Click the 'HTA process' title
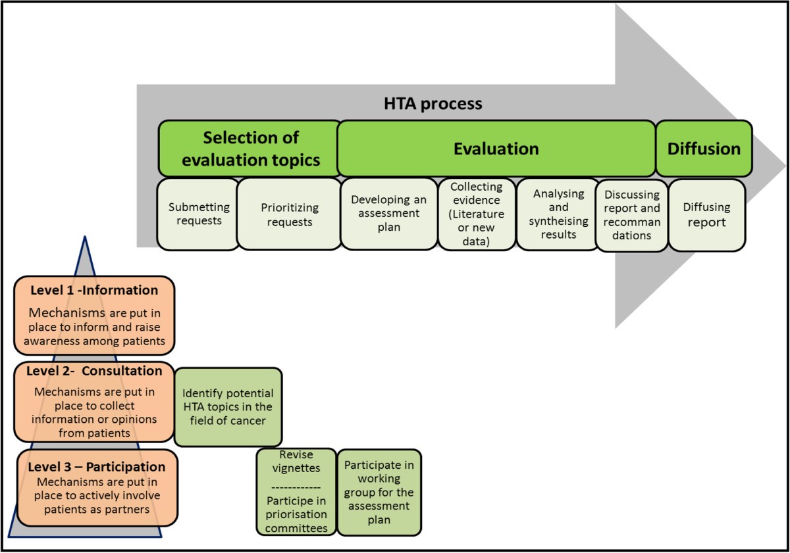pos(433,104)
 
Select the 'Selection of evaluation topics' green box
pos(250,148)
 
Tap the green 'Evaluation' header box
pos(496,148)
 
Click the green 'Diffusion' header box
pos(704,148)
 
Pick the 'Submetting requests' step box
pos(199,214)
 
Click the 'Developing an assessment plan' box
pos(388,213)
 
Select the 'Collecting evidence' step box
pos(477,214)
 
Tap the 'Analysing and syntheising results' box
pos(558,214)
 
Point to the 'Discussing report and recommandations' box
pos(631,214)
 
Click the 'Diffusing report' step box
pos(706,214)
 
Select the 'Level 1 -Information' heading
pos(94,290)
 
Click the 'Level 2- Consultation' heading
pos(93,371)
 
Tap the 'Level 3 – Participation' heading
pos(96,467)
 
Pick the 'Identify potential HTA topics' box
pos(228,407)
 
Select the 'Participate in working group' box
pos(379,492)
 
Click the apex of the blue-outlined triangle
pos(84,237)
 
